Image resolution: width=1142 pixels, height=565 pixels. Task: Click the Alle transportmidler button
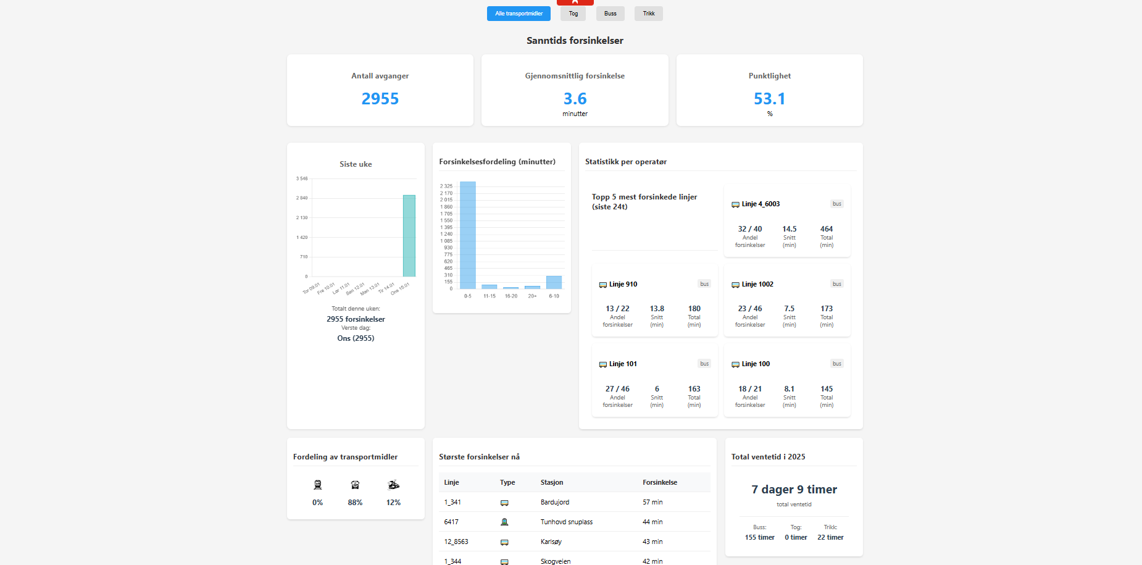pos(519,14)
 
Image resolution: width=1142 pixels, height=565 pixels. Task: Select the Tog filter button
pos(573,14)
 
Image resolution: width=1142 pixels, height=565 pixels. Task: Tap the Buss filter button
pos(610,14)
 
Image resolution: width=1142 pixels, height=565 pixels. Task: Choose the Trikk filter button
pos(648,14)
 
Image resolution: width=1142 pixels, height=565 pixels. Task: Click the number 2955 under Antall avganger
pos(380,99)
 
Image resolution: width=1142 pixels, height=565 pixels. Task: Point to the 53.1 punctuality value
pos(769,99)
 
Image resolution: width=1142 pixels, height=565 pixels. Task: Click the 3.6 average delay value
pos(575,99)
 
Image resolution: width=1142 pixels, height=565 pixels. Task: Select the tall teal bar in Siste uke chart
pos(409,236)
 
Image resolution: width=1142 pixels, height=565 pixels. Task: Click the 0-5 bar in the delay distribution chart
pos(468,235)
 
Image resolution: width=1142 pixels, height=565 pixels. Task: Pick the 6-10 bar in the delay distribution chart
pos(554,282)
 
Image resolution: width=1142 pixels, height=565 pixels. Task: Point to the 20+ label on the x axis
pos(532,296)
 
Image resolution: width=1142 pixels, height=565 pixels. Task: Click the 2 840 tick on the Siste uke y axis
pos(302,198)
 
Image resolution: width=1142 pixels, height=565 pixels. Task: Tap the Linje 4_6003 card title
pos(761,204)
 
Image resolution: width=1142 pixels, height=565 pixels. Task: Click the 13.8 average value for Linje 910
pos(657,309)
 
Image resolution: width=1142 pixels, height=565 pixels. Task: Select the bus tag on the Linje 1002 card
pos(836,284)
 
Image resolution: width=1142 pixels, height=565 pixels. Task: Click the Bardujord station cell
pos(555,502)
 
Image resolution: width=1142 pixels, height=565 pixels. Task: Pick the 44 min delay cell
pos(652,522)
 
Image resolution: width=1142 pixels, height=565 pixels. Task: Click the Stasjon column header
pos(552,482)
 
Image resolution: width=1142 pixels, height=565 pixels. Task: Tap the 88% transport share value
pos(355,503)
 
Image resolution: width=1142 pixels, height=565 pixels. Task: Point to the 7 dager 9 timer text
pos(794,489)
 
